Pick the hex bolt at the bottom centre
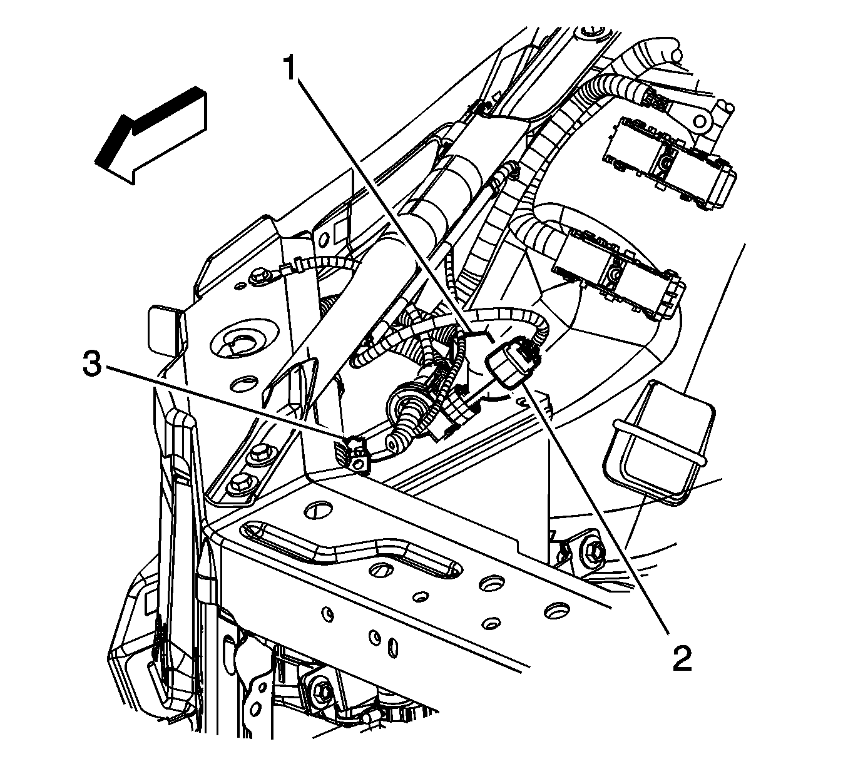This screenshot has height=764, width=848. pyautogui.click(x=324, y=688)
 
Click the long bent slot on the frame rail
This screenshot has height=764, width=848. pyautogui.click(x=350, y=548)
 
